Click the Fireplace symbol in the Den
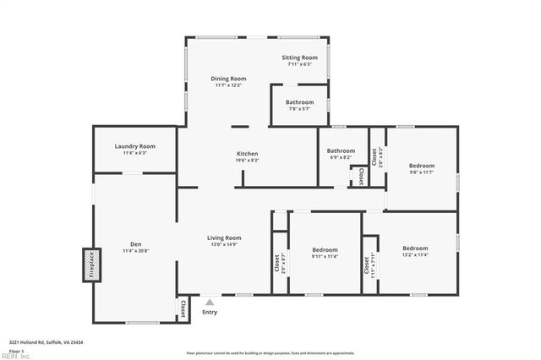(91, 265)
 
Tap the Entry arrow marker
(210, 301)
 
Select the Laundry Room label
(135, 146)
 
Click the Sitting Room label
(299, 57)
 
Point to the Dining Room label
(228, 79)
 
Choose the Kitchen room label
(247, 153)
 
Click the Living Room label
(224, 237)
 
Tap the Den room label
(135, 244)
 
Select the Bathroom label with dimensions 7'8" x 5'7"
(299, 102)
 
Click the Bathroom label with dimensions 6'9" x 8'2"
(342, 151)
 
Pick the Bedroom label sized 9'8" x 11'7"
(422, 166)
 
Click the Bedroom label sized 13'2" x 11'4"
(415, 248)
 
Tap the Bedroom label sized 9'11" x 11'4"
(325, 249)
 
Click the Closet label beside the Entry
(183, 308)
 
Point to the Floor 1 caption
(16, 350)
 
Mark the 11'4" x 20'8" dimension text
(135, 251)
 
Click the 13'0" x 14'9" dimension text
(224, 244)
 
